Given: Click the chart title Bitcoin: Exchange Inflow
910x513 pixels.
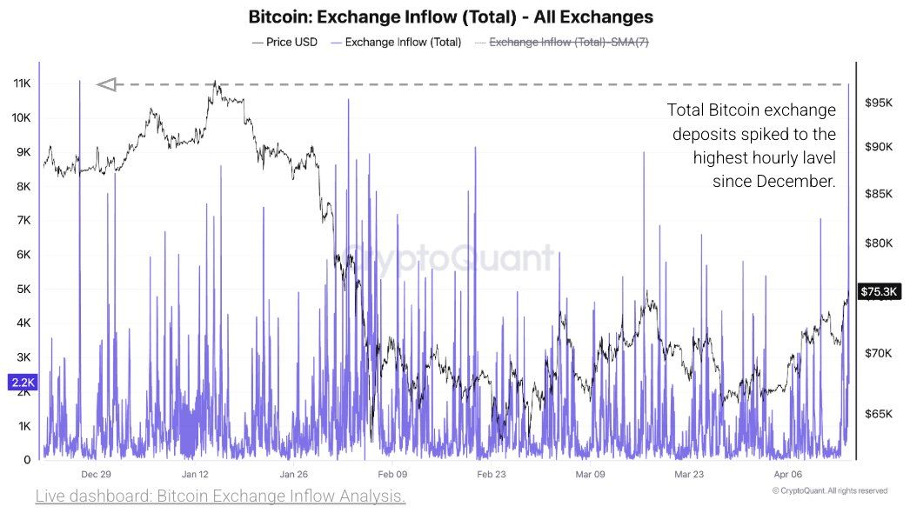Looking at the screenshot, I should coord(451,17).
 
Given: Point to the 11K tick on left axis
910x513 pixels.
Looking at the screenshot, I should coord(21,83).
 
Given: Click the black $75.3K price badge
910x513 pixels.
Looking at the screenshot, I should coord(880,291).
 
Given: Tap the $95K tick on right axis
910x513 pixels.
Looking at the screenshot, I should coord(880,103).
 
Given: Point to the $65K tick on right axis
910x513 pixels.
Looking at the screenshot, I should coord(880,414).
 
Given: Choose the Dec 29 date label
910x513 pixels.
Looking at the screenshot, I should coord(96,474).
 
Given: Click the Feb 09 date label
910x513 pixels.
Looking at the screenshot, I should coord(392,474).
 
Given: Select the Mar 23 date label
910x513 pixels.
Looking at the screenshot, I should coord(689,474).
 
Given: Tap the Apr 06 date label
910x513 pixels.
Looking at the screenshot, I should coord(787,474).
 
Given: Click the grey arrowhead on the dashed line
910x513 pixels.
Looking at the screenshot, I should coord(106,84).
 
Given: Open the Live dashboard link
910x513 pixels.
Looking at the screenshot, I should coord(220,496).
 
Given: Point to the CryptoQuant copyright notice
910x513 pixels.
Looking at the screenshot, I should coord(829,491).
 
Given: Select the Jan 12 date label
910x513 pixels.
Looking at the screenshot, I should coord(195,474).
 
